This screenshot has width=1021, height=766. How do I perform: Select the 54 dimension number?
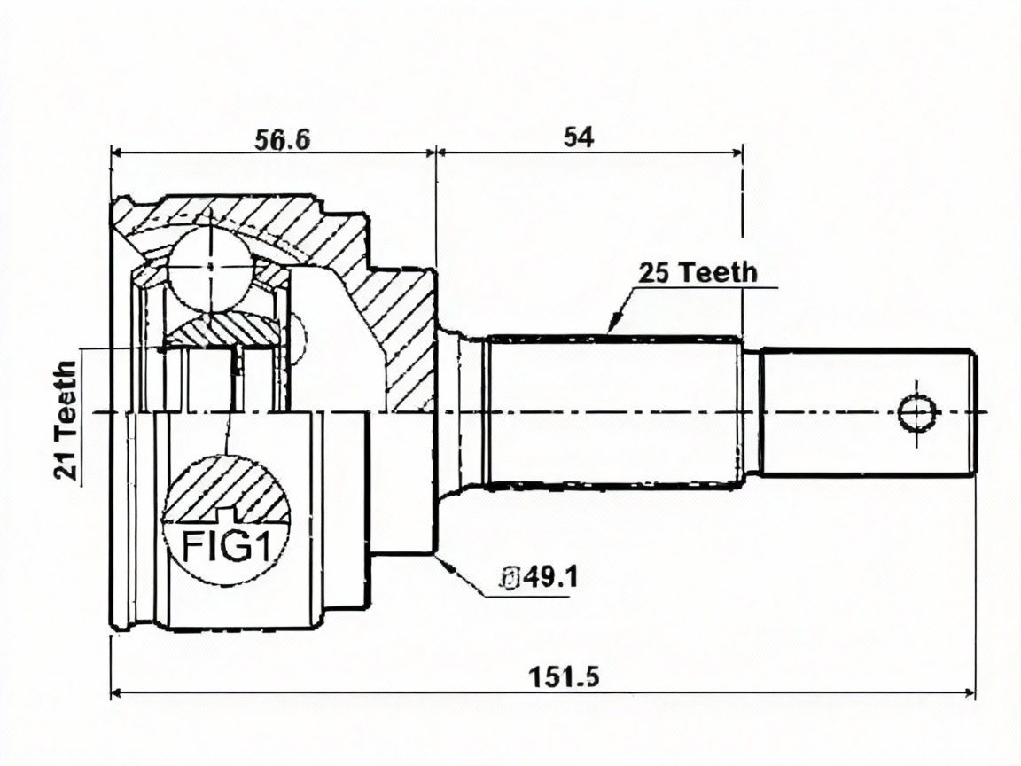click(579, 137)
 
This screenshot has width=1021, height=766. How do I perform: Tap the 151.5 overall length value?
click(564, 676)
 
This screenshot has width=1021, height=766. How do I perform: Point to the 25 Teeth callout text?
click(698, 272)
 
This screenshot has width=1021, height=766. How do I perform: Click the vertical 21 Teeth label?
click(66, 421)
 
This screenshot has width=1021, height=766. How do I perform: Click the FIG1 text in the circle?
click(226, 546)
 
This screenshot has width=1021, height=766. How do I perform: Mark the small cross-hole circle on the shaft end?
click(917, 412)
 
